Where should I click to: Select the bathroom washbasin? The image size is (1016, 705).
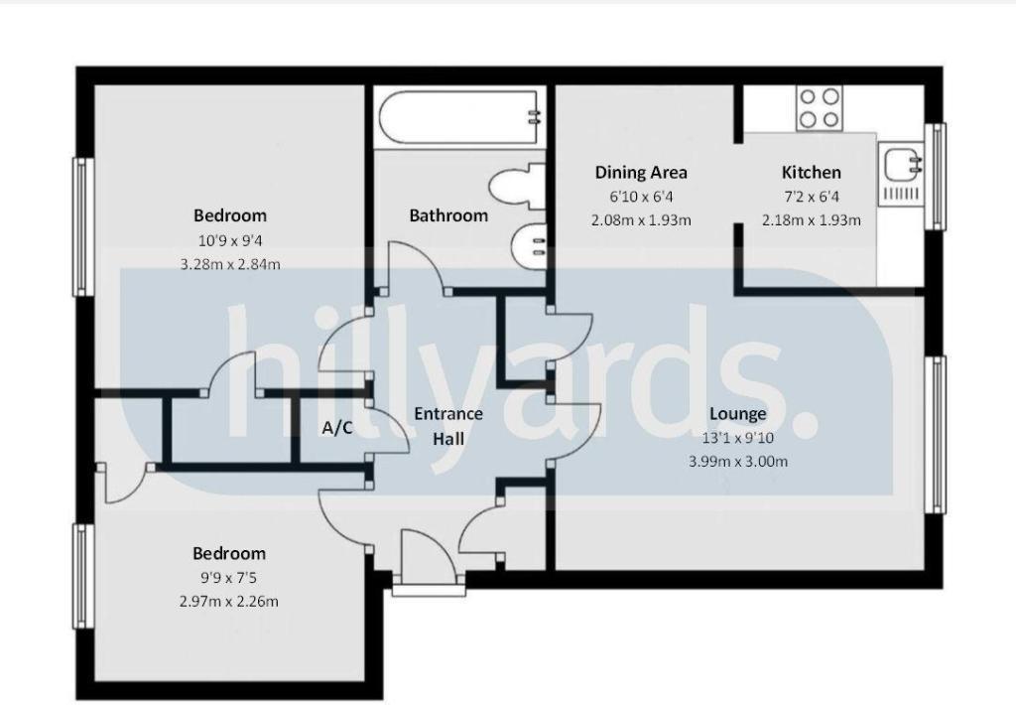point(527,241)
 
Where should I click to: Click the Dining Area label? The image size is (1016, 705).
point(640,172)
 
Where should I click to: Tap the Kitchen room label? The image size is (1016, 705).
point(811,172)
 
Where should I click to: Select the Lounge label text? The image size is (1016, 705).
point(737,414)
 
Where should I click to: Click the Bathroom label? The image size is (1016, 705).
point(448,215)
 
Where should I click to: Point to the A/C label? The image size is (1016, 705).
point(337,428)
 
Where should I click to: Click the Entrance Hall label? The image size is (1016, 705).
point(448,426)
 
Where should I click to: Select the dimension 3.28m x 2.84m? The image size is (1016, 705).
point(229,264)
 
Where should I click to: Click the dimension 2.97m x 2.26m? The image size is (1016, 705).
point(229,601)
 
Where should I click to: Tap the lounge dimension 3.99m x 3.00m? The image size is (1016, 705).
point(737,461)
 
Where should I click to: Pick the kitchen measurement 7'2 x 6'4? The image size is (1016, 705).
point(811,197)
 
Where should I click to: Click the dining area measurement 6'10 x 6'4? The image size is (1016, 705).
point(640,197)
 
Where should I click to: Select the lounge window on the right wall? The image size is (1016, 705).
point(935,434)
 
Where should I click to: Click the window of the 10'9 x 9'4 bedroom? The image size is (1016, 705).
point(78,226)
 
